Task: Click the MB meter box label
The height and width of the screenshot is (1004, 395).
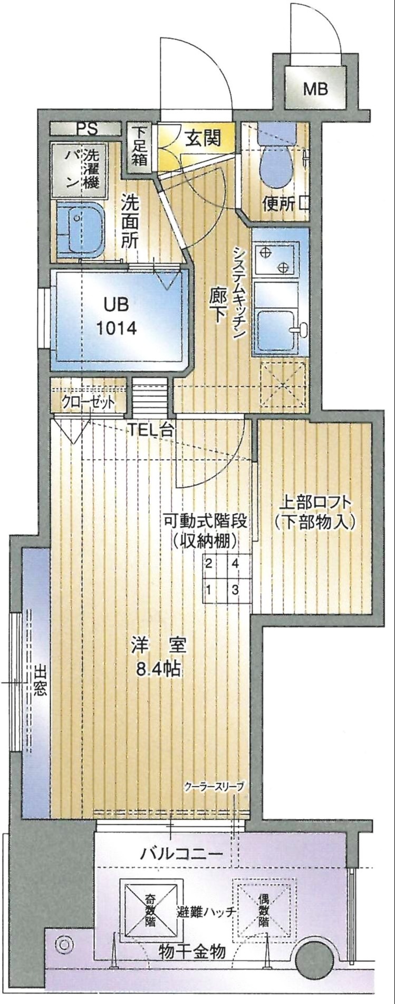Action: pos(315,89)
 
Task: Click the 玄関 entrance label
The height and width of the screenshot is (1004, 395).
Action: pos(202,139)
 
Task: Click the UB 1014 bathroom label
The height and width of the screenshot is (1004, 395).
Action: pos(117,316)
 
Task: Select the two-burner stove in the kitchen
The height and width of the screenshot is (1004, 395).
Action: pos(276,257)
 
